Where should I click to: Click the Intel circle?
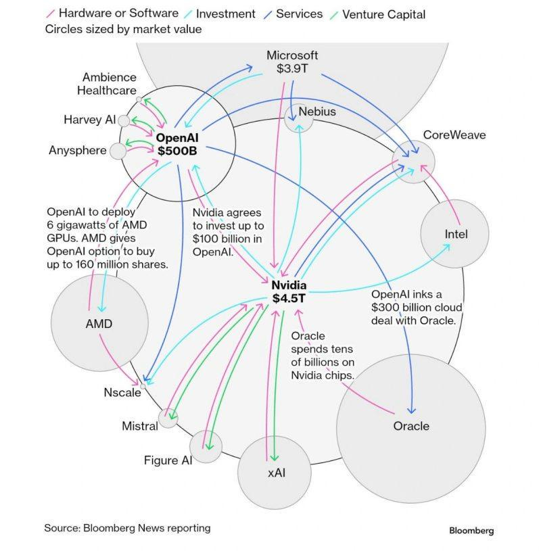pos(455,234)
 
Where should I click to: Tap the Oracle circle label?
pos(411,426)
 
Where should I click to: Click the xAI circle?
pos(275,471)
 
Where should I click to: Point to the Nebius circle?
pos(298,118)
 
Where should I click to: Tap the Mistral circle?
pos(168,418)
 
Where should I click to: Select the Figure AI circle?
pos(206,446)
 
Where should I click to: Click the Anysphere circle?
pos(118,150)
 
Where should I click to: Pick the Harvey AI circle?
pos(124,120)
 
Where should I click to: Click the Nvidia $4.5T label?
pos(289,291)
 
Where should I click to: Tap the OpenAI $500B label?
pos(177,144)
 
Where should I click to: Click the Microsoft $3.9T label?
pos(292,62)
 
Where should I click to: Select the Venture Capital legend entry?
pos(383,14)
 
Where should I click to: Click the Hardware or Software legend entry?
pos(118,14)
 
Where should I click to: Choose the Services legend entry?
pos(298,14)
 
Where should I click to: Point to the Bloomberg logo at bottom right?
pos(471,531)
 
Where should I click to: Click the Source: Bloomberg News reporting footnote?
pos(127,527)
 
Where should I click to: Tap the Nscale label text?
pos(122,392)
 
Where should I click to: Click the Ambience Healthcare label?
pos(108,84)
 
